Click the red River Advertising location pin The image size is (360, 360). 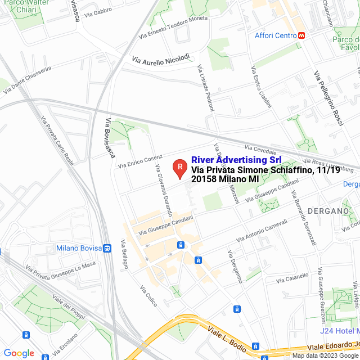179,167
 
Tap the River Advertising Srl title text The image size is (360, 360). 236,160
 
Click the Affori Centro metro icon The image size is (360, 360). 302,35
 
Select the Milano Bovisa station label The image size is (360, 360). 79,248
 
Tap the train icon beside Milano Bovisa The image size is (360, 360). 106,248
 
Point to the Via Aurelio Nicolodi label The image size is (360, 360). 161,58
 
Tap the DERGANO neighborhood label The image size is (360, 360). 329,210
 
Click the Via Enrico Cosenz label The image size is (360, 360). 140,161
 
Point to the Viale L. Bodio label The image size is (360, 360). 225,337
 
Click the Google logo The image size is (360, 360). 19,353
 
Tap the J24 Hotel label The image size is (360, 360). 337,330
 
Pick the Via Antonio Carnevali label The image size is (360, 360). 262,231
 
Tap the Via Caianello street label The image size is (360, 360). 292,277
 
